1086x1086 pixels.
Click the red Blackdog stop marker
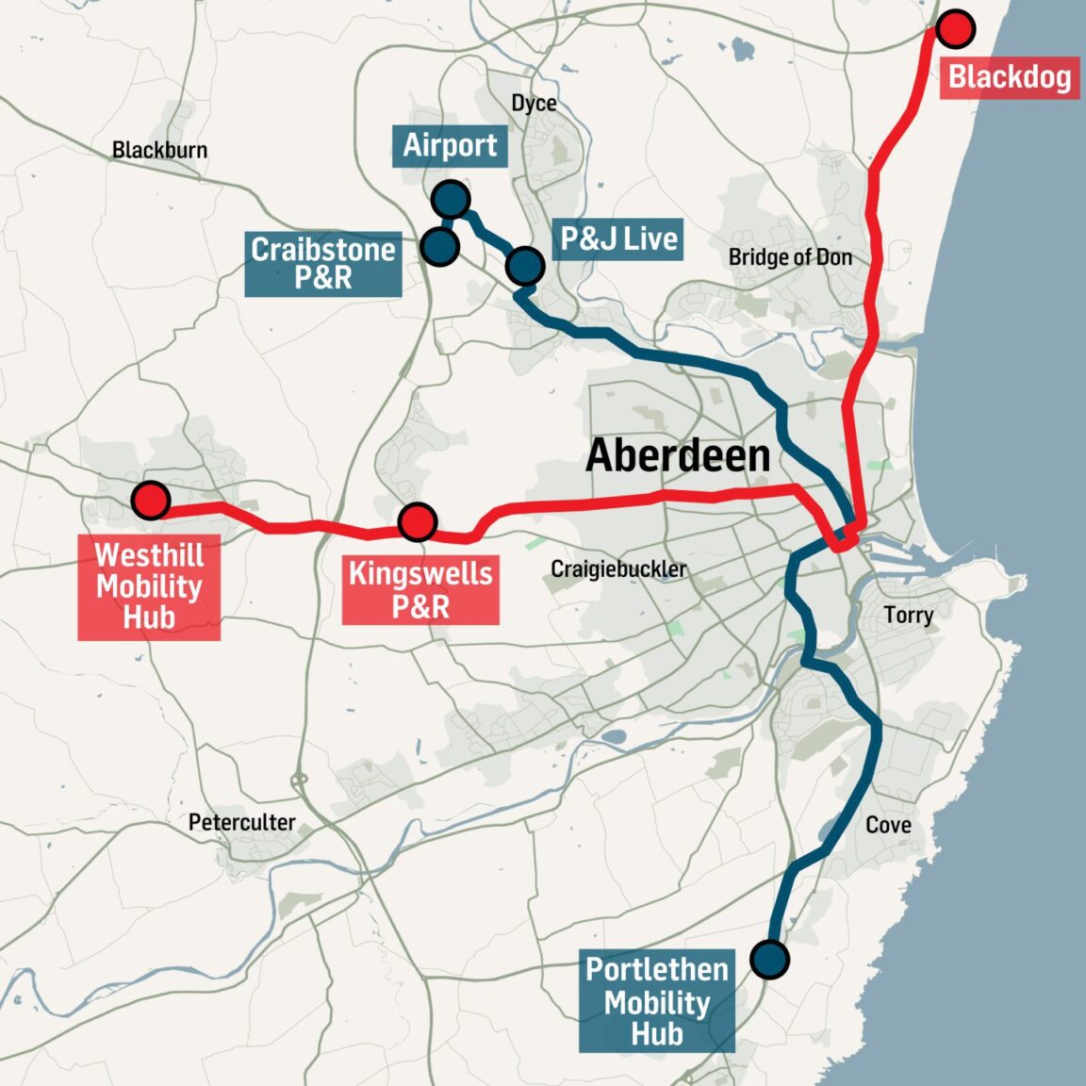[x=956, y=29]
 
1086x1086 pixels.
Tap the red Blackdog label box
[x=1009, y=77]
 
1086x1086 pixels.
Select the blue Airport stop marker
[x=451, y=200]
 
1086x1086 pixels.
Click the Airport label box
[x=450, y=146]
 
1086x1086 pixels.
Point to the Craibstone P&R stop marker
[x=439, y=246]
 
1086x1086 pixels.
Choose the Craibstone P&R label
[x=322, y=264]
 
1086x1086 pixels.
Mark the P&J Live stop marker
[x=524, y=267]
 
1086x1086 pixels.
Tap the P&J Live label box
[x=618, y=239]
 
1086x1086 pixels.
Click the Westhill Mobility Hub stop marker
[x=150, y=500]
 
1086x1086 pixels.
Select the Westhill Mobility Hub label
[x=149, y=586]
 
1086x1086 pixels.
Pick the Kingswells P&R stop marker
[x=417, y=521]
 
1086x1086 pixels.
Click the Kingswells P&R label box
[x=420, y=590]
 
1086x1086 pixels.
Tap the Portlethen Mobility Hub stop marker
[x=770, y=959]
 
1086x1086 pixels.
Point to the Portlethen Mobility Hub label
[x=657, y=1001]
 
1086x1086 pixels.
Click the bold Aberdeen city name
[x=678, y=456]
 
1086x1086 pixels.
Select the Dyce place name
[x=534, y=104]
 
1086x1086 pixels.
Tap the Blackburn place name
[x=159, y=150]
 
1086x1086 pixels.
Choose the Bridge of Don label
[x=790, y=257]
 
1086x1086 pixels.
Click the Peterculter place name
[x=241, y=822]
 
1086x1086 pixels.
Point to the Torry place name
[x=909, y=616]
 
